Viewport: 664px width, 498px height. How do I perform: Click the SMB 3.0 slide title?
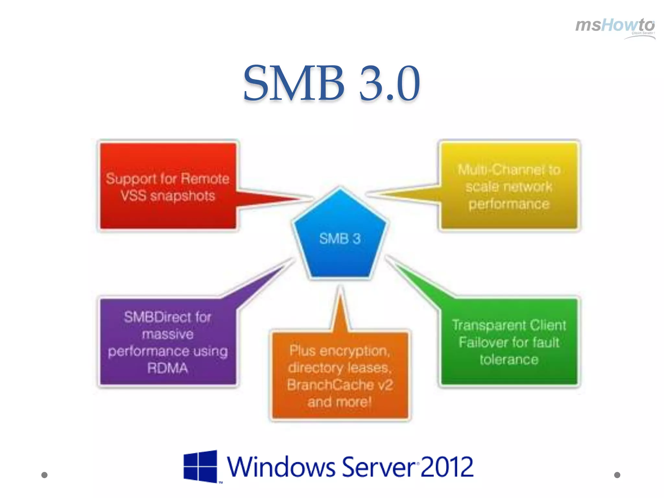click(x=331, y=83)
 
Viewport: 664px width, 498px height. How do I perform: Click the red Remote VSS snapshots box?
click(x=168, y=186)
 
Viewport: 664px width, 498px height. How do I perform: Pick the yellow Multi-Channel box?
click(x=509, y=186)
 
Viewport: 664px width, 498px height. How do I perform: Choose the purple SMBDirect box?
click(x=168, y=342)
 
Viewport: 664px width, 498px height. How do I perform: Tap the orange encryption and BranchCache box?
click(x=340, y=376)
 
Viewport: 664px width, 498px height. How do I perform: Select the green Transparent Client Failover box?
click(x=509, y=342)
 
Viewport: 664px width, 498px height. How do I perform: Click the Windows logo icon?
click(x=200, y=466)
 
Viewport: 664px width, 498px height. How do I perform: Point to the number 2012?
click(x=447, y=467)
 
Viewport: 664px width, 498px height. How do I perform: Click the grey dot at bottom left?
click(x=45, y=475)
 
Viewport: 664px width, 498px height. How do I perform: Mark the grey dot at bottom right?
click(x=617, y=475)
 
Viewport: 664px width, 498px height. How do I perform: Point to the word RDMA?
click(x=168, y=368)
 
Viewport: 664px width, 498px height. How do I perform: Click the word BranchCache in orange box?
click(x=331, y=385)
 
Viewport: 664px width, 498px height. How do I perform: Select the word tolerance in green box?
click(x=509, y=360)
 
